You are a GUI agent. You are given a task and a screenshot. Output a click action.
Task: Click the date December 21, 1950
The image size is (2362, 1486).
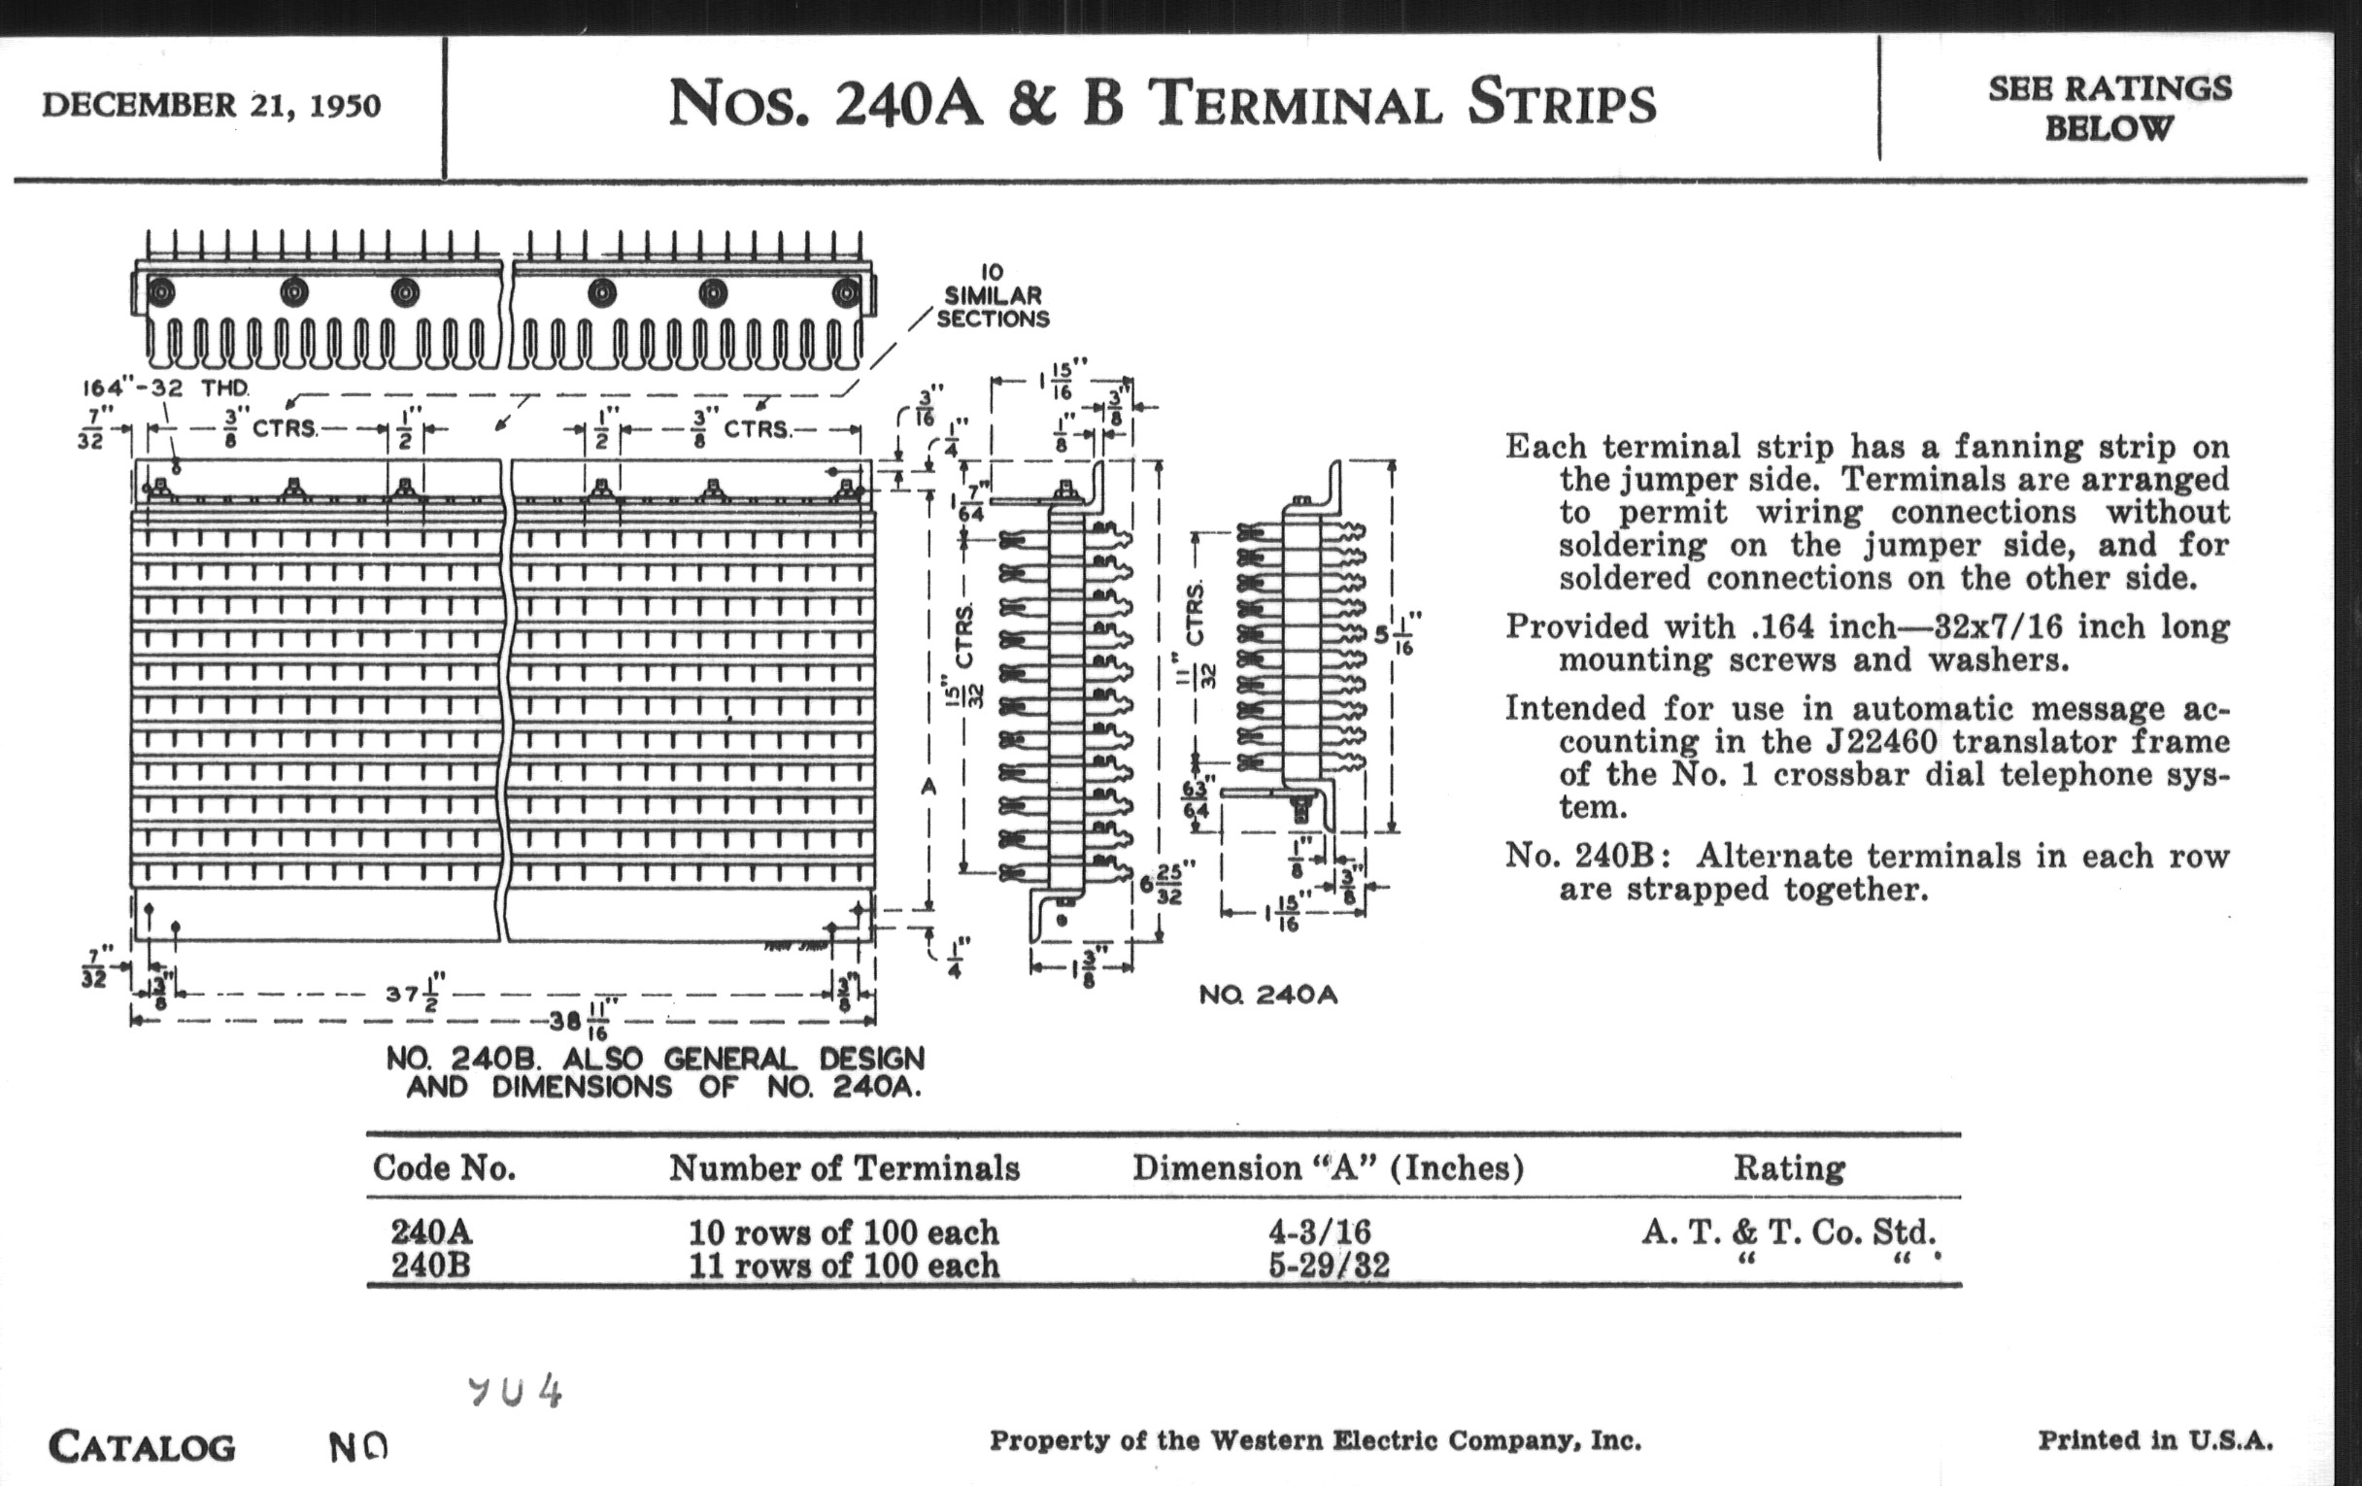tap(211, 105)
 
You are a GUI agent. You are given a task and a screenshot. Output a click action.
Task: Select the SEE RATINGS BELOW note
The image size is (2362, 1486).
tap(2109, 108)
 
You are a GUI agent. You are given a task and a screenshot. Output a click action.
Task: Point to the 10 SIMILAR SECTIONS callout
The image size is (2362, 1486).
tap(992, 295)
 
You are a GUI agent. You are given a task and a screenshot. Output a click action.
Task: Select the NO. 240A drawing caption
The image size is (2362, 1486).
tap(1267, 995)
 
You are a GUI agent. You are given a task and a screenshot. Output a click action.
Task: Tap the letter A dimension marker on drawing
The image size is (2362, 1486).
tap(928, 787)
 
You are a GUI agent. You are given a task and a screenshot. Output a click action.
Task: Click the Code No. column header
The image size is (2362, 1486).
tap(444, 1167)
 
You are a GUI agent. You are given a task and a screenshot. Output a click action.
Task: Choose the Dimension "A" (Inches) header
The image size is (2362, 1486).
tap(1328, 1167)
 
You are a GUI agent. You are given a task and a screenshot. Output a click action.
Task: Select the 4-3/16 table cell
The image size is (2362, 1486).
tap(1320, 1231)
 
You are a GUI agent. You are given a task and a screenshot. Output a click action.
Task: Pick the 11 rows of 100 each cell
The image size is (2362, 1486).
tap(844, 1266)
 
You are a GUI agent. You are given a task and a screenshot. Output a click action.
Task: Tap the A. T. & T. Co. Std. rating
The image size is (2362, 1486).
tap(1788, 1231)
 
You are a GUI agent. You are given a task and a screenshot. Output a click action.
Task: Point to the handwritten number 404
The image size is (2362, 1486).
tap(515, 1391)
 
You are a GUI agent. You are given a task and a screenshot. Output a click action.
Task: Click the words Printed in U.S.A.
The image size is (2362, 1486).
tap(2155, 1440)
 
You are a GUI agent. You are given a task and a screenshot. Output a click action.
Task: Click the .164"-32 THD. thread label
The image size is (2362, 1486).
tap(165, 388)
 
